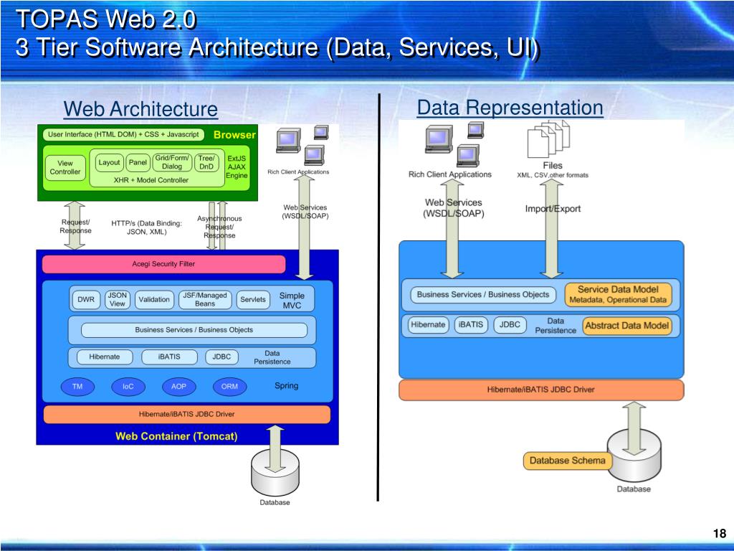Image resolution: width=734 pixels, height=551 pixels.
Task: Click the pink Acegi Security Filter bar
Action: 163,264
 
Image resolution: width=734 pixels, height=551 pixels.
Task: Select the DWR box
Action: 86,299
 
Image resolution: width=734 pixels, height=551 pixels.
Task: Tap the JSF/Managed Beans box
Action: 205,299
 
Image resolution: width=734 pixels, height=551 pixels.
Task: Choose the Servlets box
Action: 252,299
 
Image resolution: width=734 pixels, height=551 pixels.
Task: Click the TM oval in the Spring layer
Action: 77,387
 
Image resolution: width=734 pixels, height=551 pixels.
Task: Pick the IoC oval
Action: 128,387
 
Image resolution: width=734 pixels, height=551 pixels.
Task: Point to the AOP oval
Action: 178,387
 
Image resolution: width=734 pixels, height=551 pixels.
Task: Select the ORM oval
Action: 229,387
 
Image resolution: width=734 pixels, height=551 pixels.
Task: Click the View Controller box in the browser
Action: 65,167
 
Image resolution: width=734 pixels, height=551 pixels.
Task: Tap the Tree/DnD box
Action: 206,162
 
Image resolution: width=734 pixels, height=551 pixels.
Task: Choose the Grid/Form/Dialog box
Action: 172,162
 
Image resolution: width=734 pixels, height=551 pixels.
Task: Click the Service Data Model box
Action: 618,294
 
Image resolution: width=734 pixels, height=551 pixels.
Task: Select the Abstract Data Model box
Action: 627,326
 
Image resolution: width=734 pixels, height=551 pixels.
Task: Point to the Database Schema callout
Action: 567,461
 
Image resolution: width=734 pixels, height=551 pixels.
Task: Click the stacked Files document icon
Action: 548,138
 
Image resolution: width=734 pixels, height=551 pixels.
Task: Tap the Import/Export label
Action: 553,209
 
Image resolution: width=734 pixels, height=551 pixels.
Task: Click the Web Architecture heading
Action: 140,109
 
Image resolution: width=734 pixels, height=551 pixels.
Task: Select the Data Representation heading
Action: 510,108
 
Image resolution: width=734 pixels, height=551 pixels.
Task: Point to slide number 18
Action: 720,533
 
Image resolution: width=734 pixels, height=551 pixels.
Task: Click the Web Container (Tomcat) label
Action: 176,435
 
